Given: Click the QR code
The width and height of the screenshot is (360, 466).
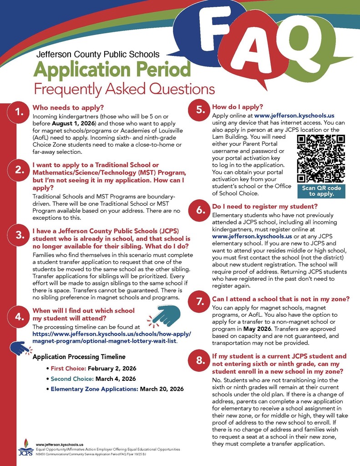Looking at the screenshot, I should pyautogui.click(x=321, y=158).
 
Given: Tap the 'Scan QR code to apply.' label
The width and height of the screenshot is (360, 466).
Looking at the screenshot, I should pyautogui.click(x=321, y=191).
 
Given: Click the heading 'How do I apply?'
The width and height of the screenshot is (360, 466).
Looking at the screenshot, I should pyautogui.click(x=238, y=107).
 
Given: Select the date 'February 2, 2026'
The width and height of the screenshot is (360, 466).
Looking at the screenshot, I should pyautogui.click(x=112, y=368).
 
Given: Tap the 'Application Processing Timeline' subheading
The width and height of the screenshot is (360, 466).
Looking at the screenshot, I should pyautogui.click(x=79, y=357).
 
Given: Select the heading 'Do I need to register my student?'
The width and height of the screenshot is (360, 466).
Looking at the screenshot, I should pyautogui.click(x=268, y=207).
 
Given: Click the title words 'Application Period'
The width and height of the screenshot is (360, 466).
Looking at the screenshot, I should pyautogui.click(x=112, y=70).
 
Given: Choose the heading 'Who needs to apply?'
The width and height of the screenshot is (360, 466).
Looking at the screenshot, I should pyautogui.click(x=68, y=108).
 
